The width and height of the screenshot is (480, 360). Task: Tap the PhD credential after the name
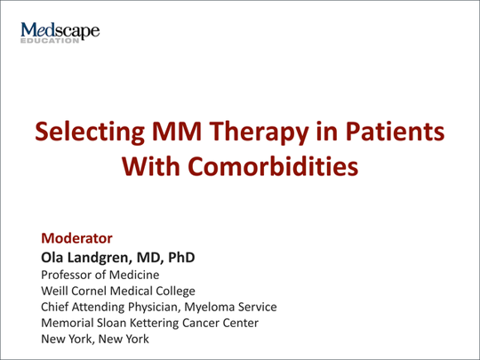(x=178, y=259)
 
